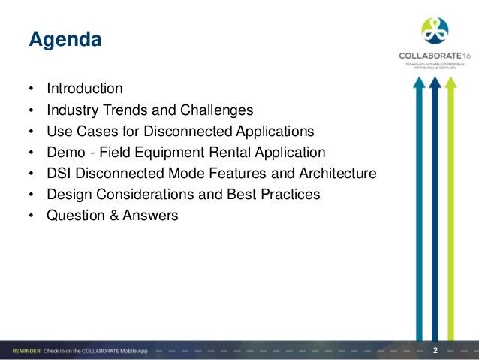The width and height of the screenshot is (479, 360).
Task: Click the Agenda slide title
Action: (x=64, y=38)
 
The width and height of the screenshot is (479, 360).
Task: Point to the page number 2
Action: (x=436, y=349)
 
